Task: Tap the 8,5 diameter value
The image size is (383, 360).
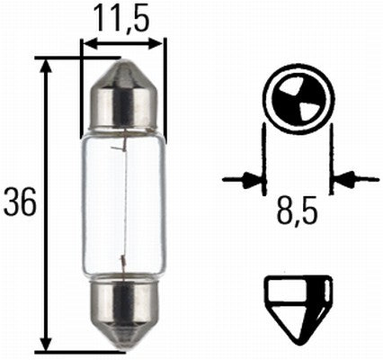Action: click(297, 217)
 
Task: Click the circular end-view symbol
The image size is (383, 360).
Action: click(296, 101)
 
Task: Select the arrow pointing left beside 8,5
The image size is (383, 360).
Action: click(351, 180)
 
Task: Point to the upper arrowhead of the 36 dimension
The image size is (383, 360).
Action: click(46, 66)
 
